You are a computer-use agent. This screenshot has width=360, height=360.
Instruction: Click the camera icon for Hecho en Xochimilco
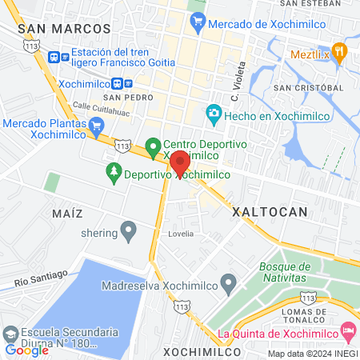click(213, 114)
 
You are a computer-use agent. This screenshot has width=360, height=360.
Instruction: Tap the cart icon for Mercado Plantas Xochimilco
click(97, 126)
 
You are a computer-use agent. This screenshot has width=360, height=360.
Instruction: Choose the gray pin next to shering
click(128, 232)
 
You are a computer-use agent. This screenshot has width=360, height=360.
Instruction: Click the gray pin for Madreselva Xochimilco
click(229, 282)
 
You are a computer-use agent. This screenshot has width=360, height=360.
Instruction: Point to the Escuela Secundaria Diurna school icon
click(11, 334)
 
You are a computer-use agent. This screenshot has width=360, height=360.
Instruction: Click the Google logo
click(26, 350)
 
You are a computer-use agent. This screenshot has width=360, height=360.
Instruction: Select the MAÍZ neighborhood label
click(67, 214)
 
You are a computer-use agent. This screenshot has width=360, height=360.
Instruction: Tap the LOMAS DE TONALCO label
click(325, 314)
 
